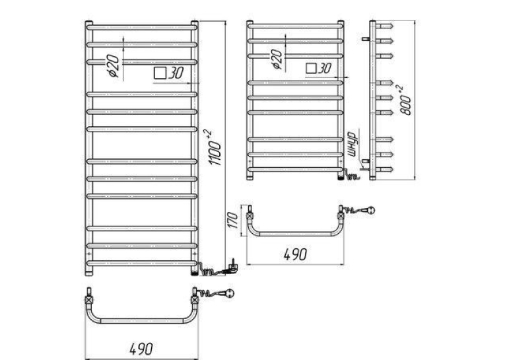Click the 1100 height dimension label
[215, 147]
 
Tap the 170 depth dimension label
[234, 220]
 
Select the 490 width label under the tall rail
[141, 348]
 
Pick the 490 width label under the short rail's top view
[295, 254]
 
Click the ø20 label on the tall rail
[114, 65]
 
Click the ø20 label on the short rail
[277, 59]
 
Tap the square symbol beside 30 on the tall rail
[160, 73]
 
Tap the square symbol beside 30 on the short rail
[311, 68]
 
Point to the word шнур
[354, 144]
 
